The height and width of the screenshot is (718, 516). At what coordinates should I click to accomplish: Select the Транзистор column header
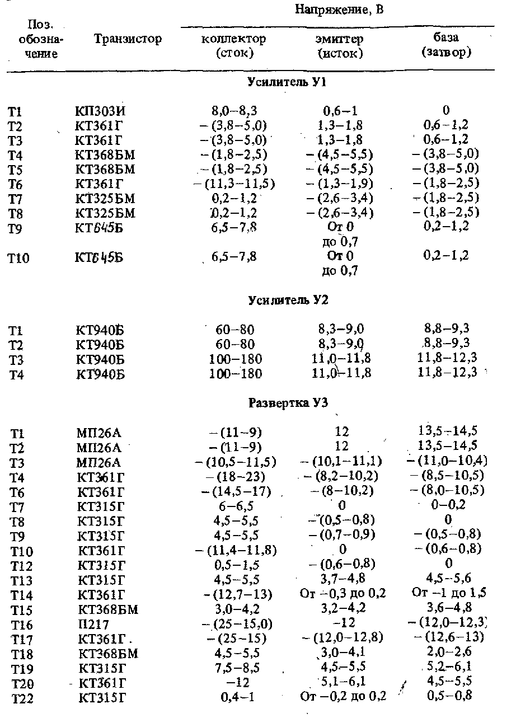(x=128, y=39)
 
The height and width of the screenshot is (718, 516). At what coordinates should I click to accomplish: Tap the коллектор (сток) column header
(x=233, y=46)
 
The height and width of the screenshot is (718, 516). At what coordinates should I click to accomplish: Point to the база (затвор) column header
(x=446, y=46)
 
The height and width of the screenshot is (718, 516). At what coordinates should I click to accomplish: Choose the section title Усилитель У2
(x=288, y=301)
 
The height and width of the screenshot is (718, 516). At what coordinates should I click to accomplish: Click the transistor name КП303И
(x=100, y=111)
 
